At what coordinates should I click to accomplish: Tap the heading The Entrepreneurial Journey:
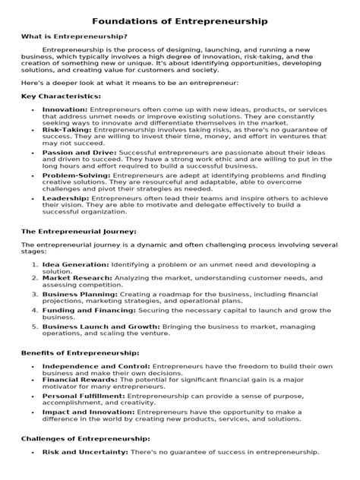(78, 230)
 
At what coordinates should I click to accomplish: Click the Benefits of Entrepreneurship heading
(80, 354)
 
